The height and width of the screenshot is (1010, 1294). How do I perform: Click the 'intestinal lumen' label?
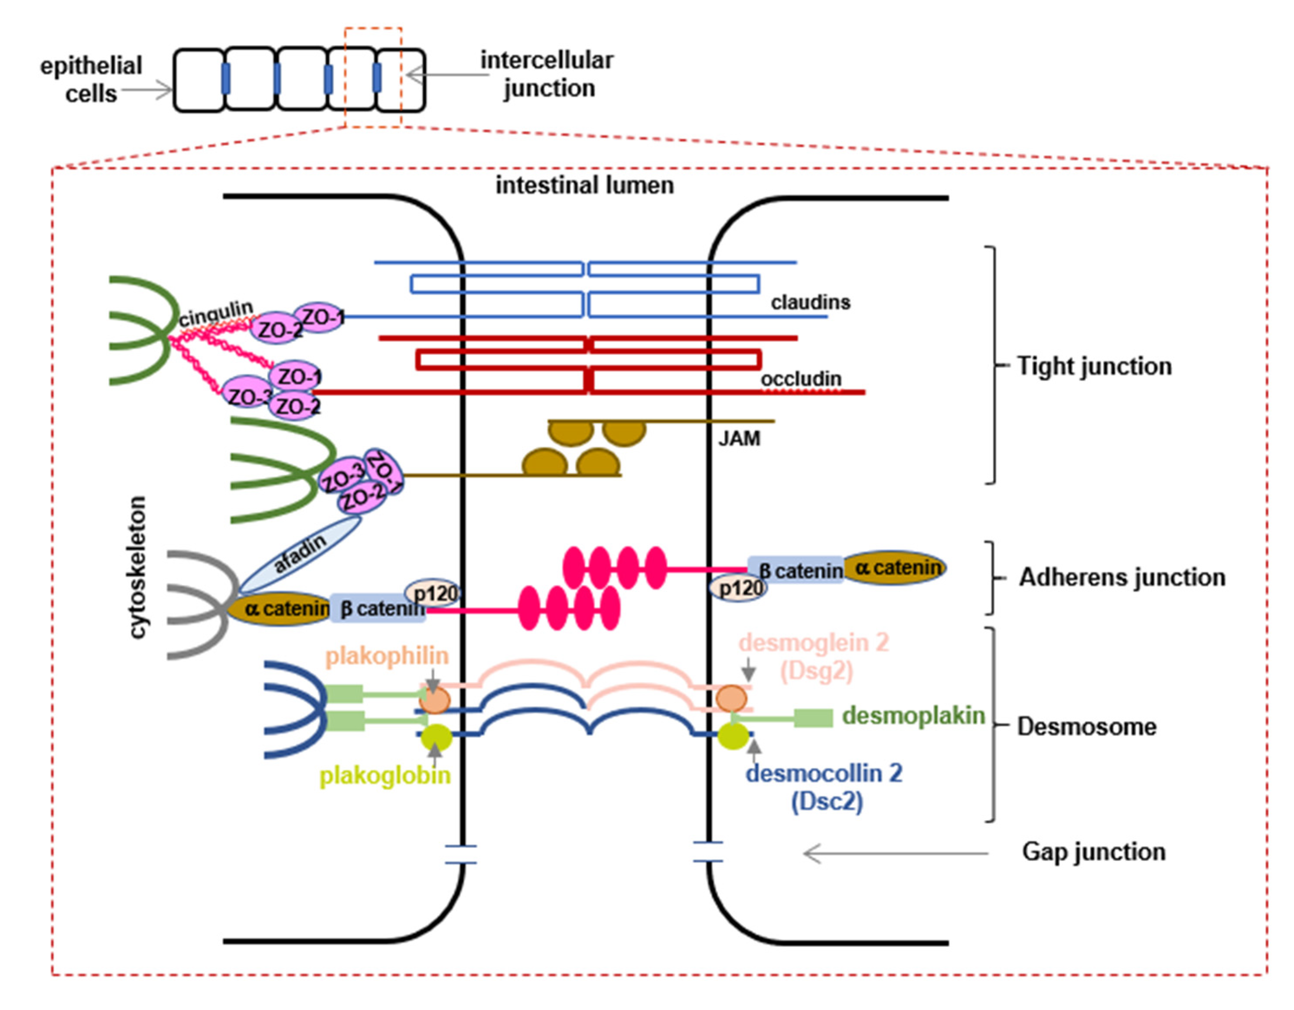click(585, 186)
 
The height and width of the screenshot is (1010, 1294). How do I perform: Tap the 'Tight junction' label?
click(1094, 366)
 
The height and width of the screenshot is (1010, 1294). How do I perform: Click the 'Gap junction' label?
click(1094, 852)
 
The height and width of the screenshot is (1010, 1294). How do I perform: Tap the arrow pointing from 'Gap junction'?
click(895, 854)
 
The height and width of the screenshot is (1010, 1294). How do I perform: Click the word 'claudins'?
click(811, 303)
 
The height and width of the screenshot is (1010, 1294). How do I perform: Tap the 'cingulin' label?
click(216, 313)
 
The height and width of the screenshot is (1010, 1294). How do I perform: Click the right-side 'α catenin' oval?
click(893, 567)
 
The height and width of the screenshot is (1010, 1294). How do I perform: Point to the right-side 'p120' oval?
click(739, 588)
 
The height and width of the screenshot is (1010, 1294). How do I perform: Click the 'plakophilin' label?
click(388, 656)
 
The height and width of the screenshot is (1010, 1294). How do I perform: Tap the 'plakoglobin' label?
click(385, 775)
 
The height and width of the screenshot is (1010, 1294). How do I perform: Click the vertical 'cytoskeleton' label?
click(137, 567)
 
